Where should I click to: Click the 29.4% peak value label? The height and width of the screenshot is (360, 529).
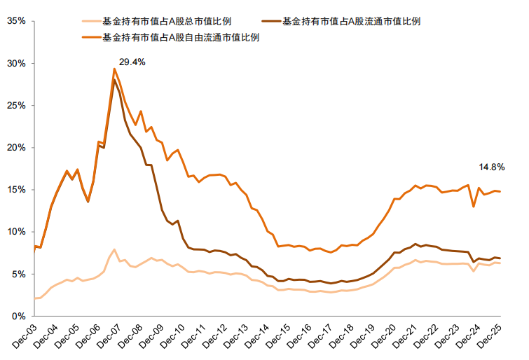(132, 62)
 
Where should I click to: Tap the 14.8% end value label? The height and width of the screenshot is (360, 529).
(492, 167)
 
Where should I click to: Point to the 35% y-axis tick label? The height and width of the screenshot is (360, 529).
(15, 21)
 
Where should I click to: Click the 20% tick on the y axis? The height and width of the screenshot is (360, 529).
(15, 148)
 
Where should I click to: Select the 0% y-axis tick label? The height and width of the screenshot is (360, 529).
(18, 316)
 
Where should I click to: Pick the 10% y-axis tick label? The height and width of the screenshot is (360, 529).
(15, 232)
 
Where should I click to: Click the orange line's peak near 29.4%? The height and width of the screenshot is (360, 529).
(114, 69)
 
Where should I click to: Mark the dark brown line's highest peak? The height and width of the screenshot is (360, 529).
(114, 80)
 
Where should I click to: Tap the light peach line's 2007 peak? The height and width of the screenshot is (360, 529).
(114, 249)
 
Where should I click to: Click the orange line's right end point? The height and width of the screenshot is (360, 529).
(499, 191)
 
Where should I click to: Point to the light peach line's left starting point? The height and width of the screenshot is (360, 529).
(34, 298)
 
